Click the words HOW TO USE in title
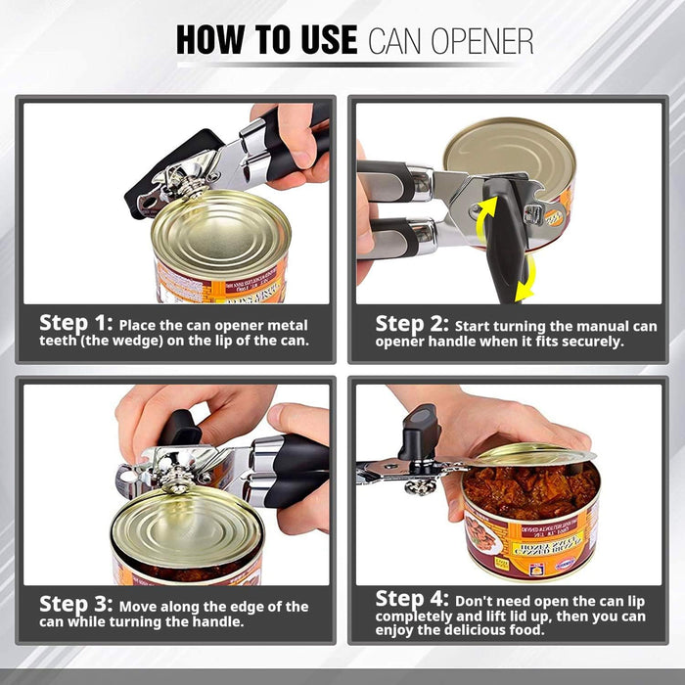(265, 39)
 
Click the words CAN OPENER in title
(450, 41)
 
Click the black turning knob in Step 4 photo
(420, 431)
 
